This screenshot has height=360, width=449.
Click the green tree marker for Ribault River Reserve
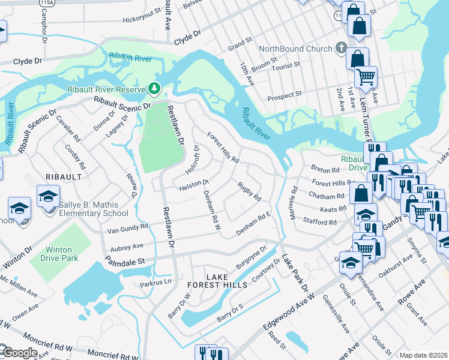(155, 89)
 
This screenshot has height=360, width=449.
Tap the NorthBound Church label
(295, 49)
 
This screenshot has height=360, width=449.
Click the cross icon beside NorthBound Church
(341, 47)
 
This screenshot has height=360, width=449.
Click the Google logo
(19, 353)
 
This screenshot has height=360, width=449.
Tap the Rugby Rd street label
(249, 191)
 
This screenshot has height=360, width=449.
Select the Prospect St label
(284, 95)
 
